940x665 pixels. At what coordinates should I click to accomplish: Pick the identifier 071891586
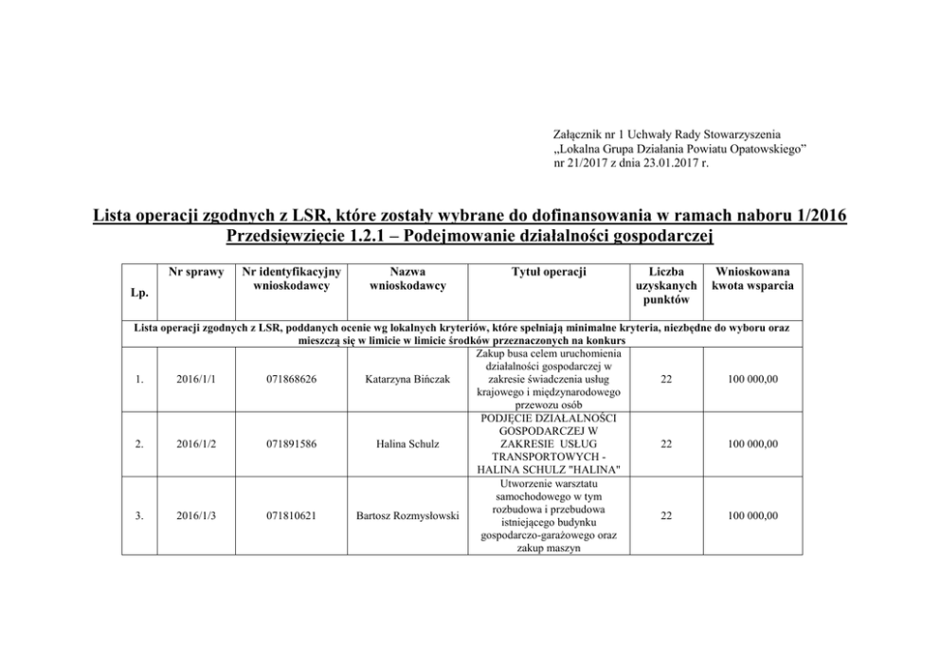pyautogui.click(x=292, y=443)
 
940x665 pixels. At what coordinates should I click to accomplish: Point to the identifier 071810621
pyautogui.click(x=292, y=515)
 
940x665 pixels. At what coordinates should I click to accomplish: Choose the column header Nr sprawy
pyautogui.click(x=196, y=273)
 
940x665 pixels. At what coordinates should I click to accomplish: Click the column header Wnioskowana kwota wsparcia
pyautogui.click(x=755, y=279)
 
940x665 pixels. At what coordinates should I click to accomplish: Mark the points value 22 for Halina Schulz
pyautogui.click(x=666, y=443)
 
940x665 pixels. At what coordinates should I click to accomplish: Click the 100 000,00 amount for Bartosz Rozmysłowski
pyautogui.click(x=753, y=515)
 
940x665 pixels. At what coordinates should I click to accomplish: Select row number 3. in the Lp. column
pyautogui.click(x=139, y=515)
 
